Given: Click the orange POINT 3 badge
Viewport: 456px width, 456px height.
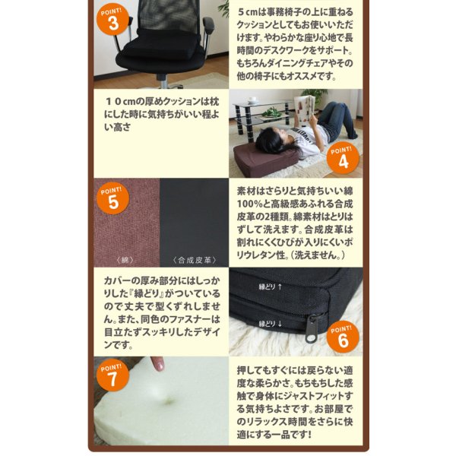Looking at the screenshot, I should pos(113,21).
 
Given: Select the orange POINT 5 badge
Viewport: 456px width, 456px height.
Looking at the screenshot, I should pos(113,199).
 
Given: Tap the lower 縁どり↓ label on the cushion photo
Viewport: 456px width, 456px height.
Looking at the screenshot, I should pos(271,323).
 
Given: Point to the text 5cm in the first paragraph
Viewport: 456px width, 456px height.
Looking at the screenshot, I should pos(250,13).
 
